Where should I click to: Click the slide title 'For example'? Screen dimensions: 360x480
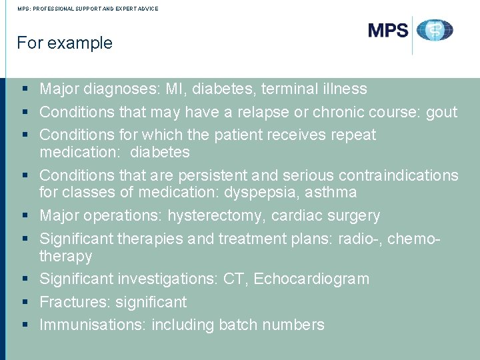[65, 43]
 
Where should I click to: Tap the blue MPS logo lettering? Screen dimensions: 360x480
[388, 31]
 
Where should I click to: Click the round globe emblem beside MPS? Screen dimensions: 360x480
[435, 31]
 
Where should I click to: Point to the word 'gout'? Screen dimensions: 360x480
[441, 112]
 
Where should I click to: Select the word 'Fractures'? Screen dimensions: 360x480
[73, 302]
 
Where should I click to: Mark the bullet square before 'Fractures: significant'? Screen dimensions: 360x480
[25, 302]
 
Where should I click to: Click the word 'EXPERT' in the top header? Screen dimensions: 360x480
[118, 9]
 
